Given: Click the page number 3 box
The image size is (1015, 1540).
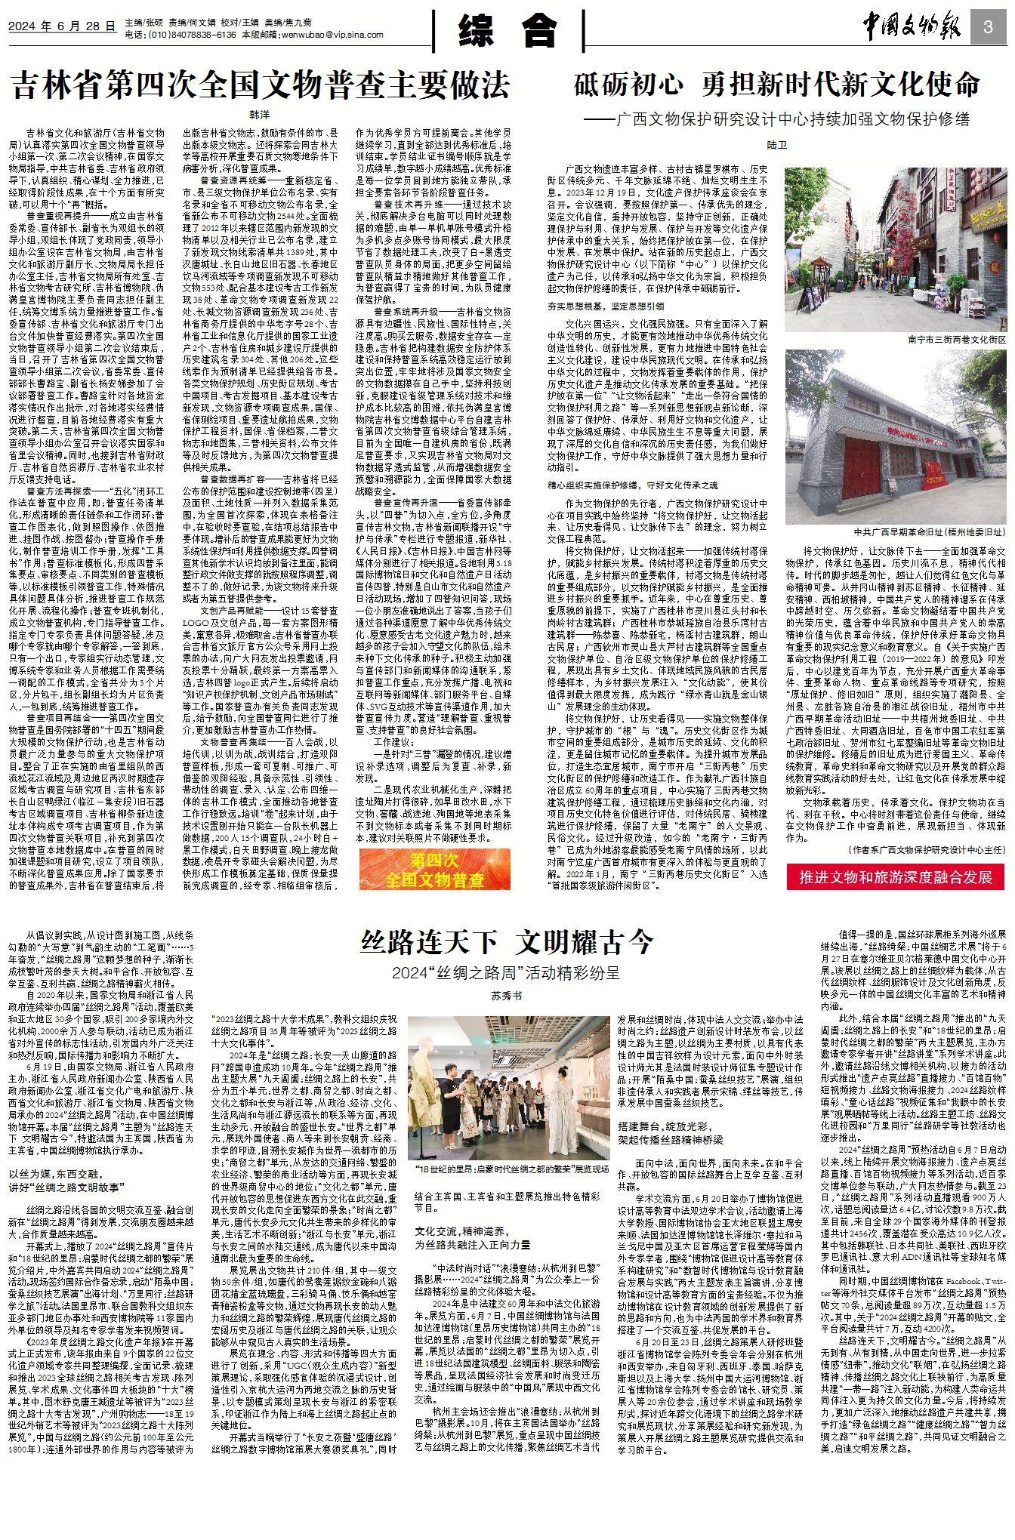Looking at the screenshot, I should (988, 28).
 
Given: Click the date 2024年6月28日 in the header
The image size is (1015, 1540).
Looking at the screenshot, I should (62, 26).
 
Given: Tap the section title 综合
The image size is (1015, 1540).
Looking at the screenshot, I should (507, 32).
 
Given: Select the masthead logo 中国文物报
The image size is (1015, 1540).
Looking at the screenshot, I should (912, 28).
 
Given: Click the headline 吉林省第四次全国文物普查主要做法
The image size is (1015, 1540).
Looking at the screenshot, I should (261, 85).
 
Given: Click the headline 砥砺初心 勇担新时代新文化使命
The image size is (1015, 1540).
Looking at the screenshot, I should (776, 84).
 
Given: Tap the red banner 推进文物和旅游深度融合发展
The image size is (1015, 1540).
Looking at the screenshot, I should (895, 876).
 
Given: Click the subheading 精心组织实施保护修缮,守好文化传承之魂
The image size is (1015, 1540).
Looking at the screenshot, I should (632, 485).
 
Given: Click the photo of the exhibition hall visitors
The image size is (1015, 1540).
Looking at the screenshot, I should (507, 1088).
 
